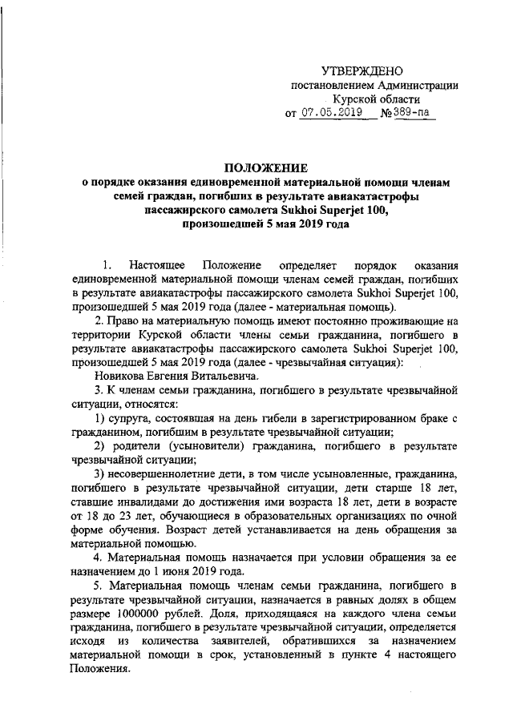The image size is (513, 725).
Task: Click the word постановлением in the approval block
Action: (329, 86)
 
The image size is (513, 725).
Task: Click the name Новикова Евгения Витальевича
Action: (176, 375)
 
